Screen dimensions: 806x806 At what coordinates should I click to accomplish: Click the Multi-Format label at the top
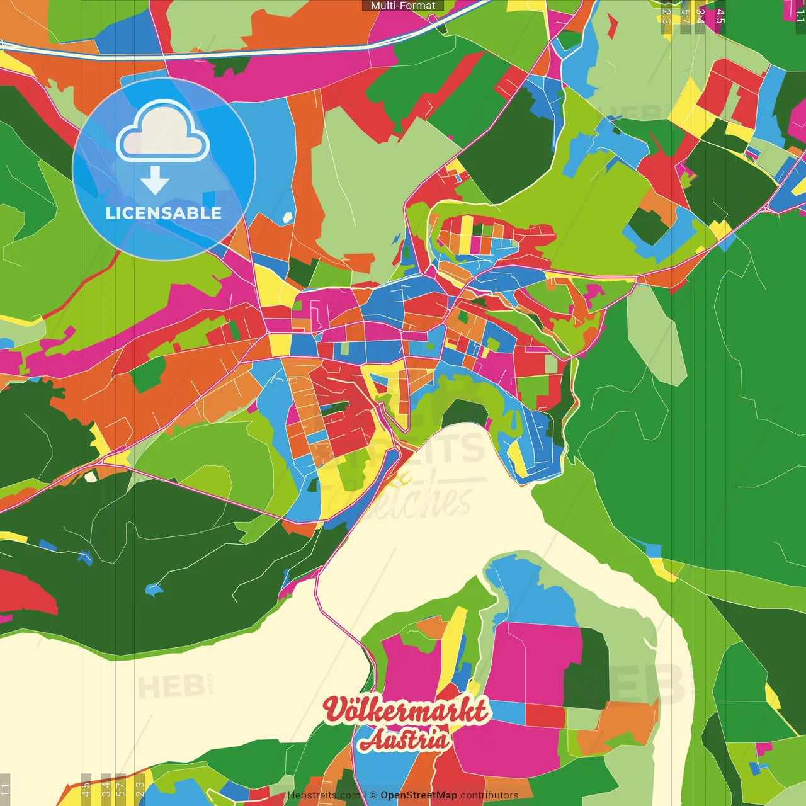[403, 6]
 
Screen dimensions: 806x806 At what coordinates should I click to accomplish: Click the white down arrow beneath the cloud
[155, 181]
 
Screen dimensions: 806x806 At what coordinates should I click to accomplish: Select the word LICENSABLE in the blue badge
[163, 213]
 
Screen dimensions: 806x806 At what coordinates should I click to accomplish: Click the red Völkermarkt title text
[406, 710]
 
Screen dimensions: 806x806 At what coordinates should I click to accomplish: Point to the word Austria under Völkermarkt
[405, 739]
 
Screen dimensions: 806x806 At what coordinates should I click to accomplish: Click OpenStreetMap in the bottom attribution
[418, 795]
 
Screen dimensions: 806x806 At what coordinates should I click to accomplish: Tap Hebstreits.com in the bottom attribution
[324, 795]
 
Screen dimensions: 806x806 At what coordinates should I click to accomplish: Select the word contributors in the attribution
[489, 795]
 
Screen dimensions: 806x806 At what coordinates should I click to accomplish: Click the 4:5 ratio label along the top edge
[720, 16]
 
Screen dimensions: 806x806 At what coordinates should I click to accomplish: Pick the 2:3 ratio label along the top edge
[666, 16]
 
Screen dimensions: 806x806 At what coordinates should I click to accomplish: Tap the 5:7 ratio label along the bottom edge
[121, 788]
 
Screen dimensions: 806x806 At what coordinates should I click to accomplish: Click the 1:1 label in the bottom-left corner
[5, 789]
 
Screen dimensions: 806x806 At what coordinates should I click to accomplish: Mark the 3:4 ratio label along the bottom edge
[106, 788]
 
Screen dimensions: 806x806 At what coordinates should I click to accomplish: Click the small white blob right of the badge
[288, 218]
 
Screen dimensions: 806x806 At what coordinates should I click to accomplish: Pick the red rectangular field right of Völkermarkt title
[545, 716]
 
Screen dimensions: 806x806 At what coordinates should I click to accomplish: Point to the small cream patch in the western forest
[91, 476]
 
